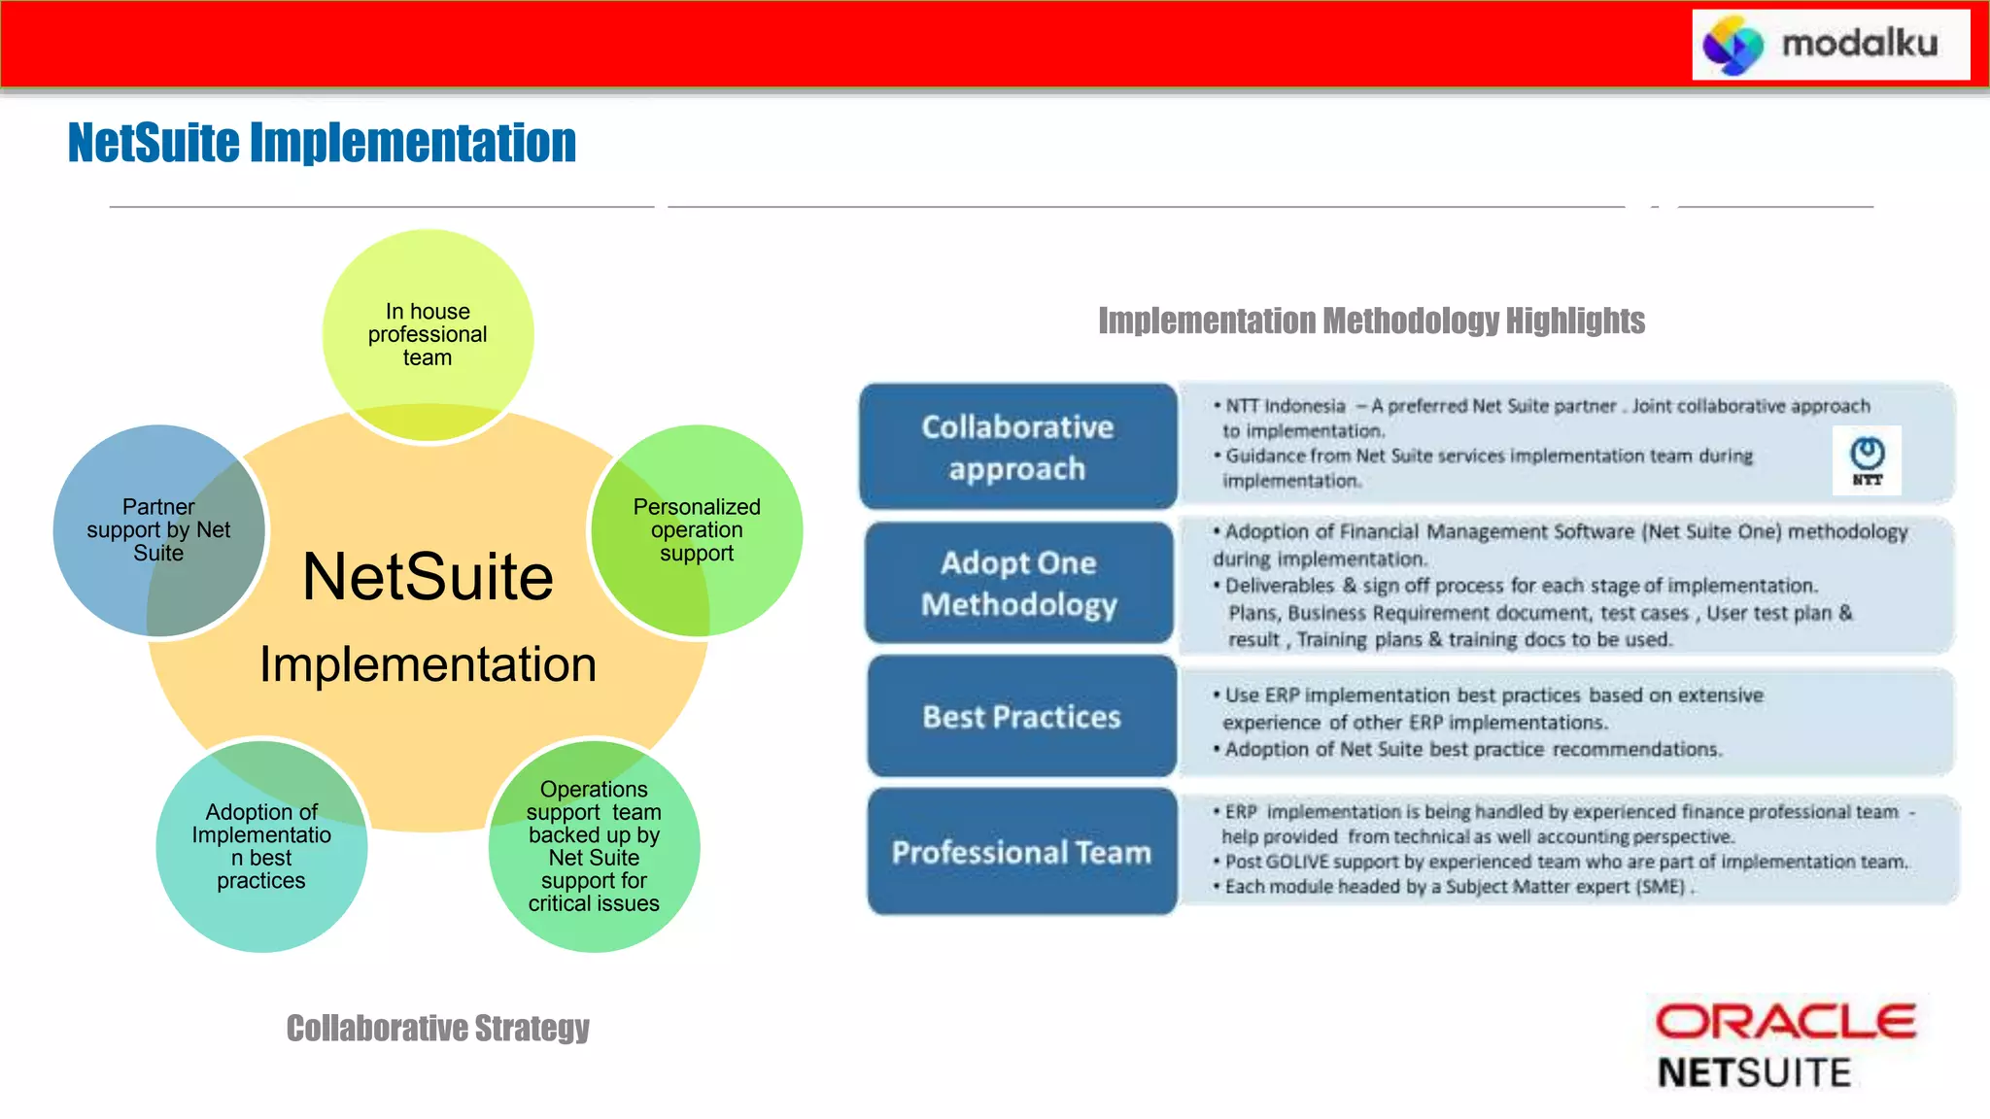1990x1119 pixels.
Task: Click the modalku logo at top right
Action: pos(1830,45)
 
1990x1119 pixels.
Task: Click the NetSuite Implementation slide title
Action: pos(322,143)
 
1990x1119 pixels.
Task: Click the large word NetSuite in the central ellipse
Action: pos(428,577)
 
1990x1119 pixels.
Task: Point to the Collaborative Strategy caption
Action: pos(437,1028)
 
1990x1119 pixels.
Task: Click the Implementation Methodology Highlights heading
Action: pos(1371,321)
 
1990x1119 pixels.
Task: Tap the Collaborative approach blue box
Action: pos(1017,447)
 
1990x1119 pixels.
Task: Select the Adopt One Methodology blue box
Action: pos(1019,583)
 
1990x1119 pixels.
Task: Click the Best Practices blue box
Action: pos(1021,717)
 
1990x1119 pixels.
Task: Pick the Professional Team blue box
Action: pos(1021,852)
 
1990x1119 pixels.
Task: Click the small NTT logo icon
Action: pos(1867,459)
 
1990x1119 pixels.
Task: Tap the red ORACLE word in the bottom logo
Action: pos(1785,1022)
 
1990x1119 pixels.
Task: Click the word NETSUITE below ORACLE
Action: pos(1754,1072)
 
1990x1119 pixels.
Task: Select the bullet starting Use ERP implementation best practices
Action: pos(1492,709)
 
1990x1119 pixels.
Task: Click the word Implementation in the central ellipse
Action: pos(428,665)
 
